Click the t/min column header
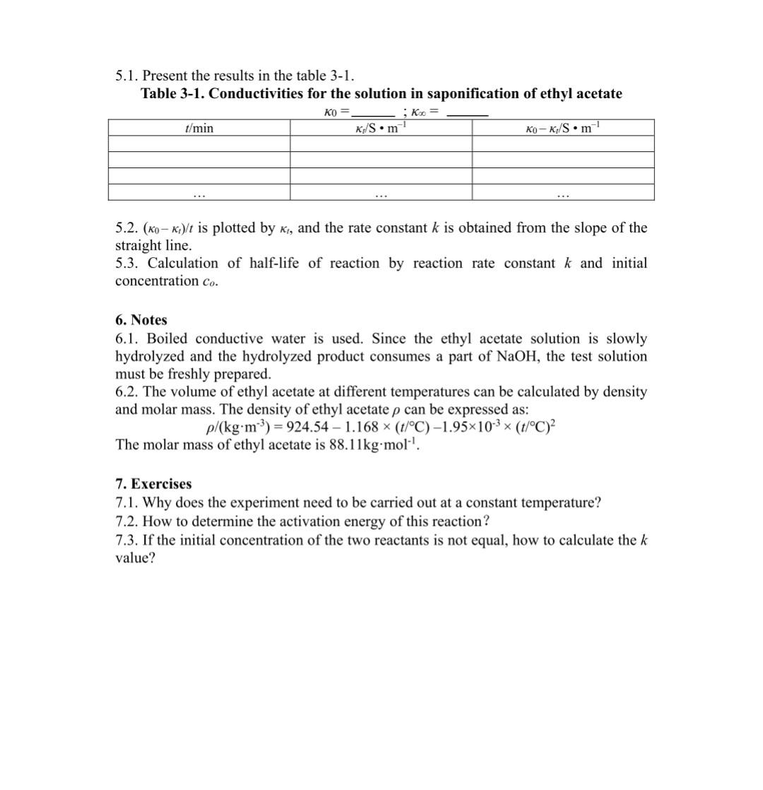point(199,128)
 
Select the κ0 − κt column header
point(563,128)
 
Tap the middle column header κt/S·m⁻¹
point(381,128)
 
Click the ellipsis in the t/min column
point(199,193)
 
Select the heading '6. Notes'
point(141,320)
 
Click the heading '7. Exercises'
point(153,484)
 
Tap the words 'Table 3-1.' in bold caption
point(172,94)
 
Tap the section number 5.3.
point(127,264)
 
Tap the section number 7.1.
point(126,503)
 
